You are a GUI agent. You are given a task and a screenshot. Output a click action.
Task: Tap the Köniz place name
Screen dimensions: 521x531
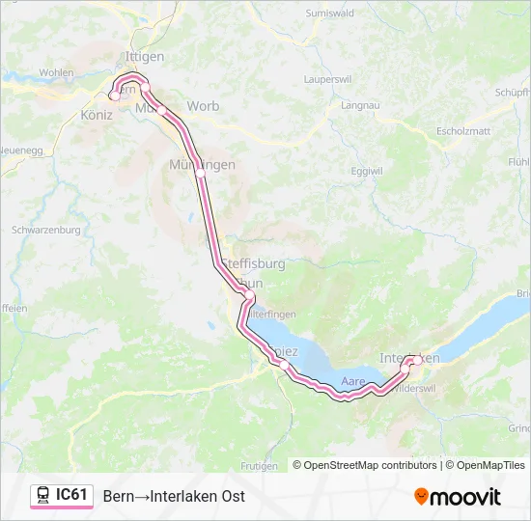click(x=97, y=115)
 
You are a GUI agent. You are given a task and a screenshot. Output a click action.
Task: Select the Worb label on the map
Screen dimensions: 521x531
click(x=203, y=106)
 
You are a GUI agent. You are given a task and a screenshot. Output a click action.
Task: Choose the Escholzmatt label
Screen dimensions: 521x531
click(x=464, y=129)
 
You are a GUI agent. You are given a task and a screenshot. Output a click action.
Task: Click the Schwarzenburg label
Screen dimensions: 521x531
click(x=45, y=231)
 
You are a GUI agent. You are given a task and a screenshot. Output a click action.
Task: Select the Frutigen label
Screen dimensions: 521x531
click(x=255, y=465)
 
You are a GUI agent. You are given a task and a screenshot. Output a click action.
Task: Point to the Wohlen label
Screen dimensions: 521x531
click(x=56, y=72)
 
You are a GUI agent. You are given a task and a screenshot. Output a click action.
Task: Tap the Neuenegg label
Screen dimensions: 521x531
click(x=21, y=151)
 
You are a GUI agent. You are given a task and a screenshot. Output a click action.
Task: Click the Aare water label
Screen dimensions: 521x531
click(x=353, y=382)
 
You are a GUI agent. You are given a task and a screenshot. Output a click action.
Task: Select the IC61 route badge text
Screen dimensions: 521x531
click(x=71, y=495)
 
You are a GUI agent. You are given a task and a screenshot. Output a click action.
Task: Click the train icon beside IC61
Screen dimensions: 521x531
click(x=43, y=496)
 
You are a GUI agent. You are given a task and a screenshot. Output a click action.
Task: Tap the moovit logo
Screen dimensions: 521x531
click(x=458, y=497)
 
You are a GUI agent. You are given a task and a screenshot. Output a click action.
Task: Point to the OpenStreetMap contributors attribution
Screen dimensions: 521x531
click(x=365, y=465)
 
